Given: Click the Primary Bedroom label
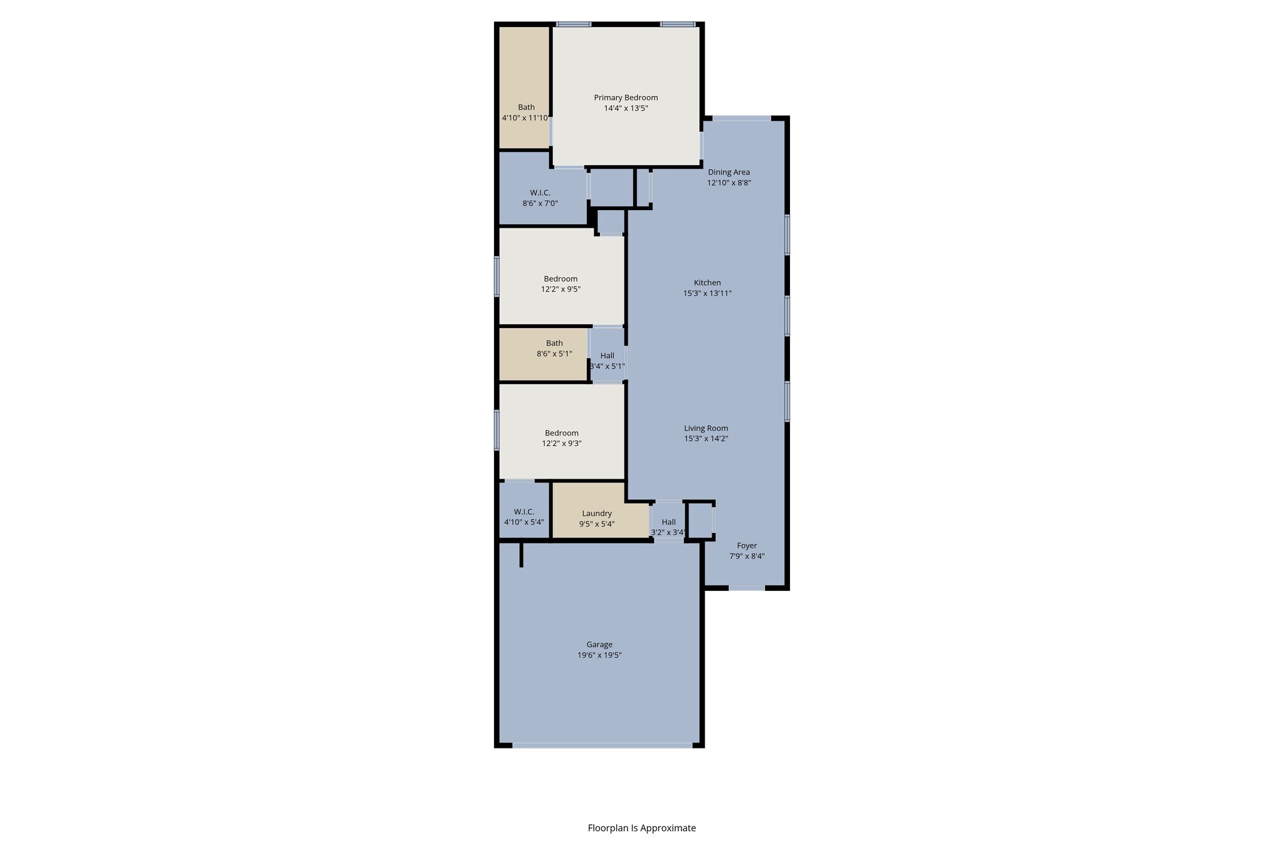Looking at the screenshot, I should tap(626, 97).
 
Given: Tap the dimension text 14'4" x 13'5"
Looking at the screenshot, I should tap(626, 108).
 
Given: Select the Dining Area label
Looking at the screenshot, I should tap(729, 172).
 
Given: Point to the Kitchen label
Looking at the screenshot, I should tap(707, 282).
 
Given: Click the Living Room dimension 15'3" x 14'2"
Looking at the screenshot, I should tap(706, 439).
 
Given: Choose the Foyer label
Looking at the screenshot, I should tap(747, 545).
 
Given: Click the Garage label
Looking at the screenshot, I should tap(599, 644).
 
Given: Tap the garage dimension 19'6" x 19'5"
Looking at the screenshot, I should tap(599, 655).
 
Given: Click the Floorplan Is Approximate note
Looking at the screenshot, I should tap(641, 828).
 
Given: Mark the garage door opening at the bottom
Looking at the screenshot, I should tap(602, 745).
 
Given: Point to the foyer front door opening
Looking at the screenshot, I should tap(746, 588).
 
